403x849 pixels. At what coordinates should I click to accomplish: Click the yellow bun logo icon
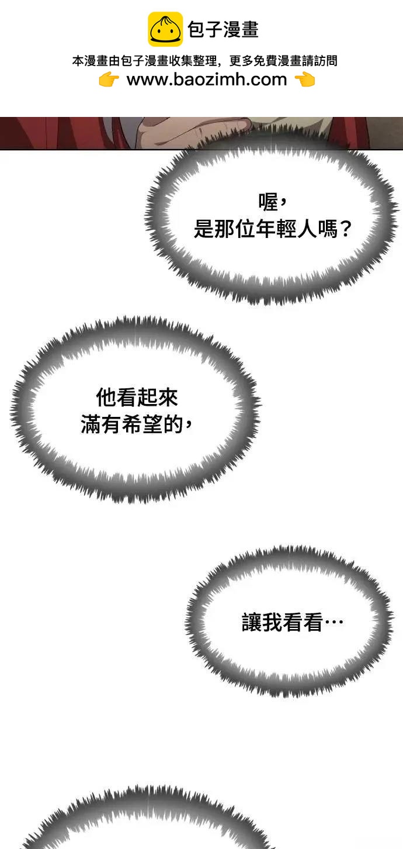165,29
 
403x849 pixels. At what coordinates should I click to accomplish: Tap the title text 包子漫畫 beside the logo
223,30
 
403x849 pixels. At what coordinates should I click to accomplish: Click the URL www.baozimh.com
207,80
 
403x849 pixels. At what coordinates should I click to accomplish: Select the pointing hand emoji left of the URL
109,80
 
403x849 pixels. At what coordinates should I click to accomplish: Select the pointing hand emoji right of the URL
305,80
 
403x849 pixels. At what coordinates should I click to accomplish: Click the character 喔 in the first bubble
268,202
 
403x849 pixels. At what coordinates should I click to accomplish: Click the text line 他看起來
136,398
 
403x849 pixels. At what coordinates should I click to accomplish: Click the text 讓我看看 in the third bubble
282,622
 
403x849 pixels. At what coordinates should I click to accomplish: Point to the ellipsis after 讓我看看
334,622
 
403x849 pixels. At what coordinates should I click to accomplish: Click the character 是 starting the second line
204,229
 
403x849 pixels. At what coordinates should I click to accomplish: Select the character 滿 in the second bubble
91,424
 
